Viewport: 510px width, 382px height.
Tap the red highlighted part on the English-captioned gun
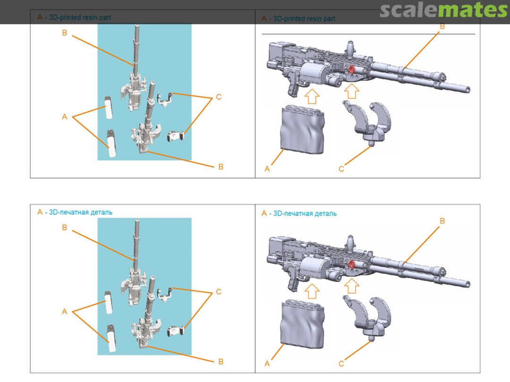[351, 69]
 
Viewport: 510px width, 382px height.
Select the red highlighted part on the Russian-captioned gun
[351, 265]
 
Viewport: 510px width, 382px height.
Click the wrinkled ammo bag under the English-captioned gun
[302, 130]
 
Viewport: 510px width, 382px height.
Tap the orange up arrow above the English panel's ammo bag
[312, 97]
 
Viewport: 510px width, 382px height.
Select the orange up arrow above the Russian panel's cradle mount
[351, 286]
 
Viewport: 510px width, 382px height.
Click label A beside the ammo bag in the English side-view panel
[267, 169]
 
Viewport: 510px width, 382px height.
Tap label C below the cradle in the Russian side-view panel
[341, 364]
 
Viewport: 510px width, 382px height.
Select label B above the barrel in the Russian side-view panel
[442, 221]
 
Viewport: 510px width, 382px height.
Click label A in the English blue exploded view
[64, 117]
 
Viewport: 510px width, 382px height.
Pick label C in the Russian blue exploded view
[219, 292]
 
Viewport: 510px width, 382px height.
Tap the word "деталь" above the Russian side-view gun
[325, 214]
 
